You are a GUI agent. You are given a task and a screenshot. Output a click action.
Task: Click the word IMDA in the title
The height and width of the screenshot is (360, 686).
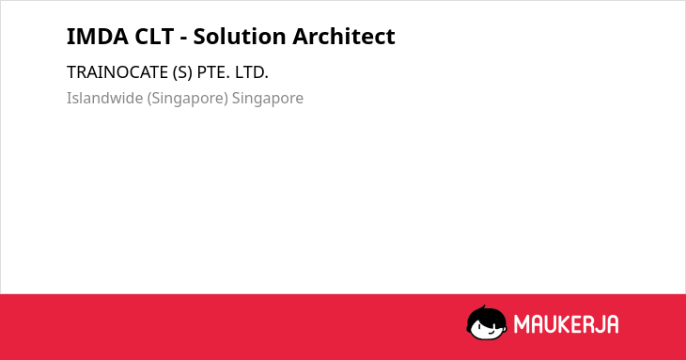(98, 37)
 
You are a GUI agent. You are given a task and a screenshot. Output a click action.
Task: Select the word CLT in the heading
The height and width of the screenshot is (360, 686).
(154, 37)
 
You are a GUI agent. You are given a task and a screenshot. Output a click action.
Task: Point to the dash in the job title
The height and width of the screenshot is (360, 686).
(184, 39)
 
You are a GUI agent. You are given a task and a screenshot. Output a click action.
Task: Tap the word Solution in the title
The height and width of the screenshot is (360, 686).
(240, 37)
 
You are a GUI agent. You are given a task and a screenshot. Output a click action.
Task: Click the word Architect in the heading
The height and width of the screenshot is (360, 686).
(343, 37)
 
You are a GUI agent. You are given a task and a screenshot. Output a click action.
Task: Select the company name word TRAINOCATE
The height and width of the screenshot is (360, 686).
(117, 72)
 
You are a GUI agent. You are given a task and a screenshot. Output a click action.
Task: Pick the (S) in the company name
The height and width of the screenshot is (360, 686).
(182, 72)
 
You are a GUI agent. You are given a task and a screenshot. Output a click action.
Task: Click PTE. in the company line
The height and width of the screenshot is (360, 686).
(213, 72)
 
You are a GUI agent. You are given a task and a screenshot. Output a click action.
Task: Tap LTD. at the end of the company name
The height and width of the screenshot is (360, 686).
(252, 72)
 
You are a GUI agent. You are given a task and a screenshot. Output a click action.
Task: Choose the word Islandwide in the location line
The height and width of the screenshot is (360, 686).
(105, 98)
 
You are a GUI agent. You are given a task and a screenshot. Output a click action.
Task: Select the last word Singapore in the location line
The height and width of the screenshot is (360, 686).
(267, 99)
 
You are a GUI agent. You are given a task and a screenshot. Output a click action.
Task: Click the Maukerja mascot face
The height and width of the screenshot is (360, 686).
(487, 323)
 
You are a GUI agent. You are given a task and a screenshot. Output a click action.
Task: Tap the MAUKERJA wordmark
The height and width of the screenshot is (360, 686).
(566, 324)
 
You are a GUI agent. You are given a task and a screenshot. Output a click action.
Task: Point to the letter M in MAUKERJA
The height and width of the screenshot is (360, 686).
(521, 324)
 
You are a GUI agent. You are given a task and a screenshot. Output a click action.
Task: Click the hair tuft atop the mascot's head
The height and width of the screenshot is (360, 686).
(483, 307)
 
